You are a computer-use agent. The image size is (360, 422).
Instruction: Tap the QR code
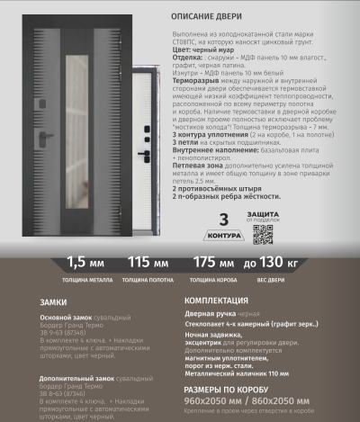[x=263, y=234]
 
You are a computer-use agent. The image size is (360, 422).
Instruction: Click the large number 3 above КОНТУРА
[x=222, y=221]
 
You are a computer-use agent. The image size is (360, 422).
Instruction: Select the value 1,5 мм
[x=85, y=264]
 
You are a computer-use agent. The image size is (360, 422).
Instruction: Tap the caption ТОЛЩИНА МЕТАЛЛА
[x=86, y=279]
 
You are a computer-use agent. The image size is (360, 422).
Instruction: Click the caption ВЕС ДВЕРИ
[x=272, y=279]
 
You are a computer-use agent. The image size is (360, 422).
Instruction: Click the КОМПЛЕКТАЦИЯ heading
[x=219, y=301]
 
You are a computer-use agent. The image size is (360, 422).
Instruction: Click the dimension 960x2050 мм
[x=213, y=400]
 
